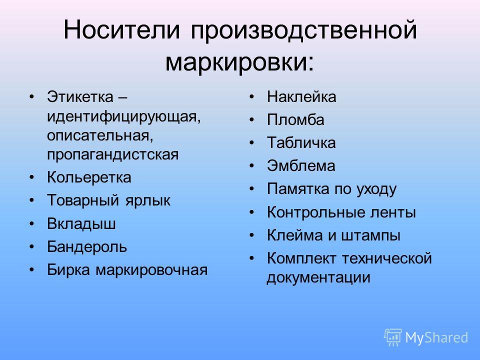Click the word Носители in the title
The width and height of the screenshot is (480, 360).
tap(121, 29)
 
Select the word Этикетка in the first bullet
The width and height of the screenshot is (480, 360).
tap(80, 97)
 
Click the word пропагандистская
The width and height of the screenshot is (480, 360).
tap(112, 155)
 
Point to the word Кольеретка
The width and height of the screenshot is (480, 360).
tap(89, 177)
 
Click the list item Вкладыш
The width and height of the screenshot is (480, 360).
tap(81, 224)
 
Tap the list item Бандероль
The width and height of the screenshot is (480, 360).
tap(87, 247)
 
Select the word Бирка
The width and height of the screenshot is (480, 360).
tap(68, 270)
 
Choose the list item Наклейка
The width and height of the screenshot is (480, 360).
tap(301, 96)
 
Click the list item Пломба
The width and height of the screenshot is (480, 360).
tap(295, 119)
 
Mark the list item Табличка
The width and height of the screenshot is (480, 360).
tap(301, 143)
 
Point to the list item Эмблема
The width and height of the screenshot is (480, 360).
tap(301, 166)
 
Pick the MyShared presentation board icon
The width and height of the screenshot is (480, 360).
tap(393, 337)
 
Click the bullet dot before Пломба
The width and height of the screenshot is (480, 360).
tap(251, 120)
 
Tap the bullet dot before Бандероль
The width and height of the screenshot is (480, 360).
tap(32, 247)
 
